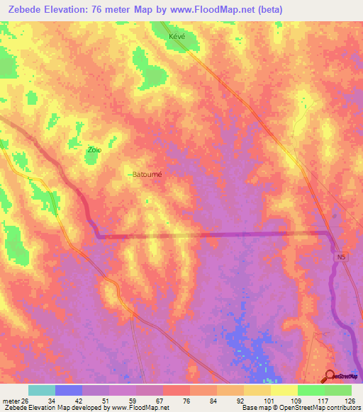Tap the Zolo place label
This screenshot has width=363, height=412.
(x=94, y=149)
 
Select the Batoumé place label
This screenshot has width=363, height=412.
(x=147, y=174)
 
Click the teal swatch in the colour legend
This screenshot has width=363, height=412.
(x=42, y=390)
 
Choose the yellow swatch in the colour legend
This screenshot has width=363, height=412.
(x=283, y=390)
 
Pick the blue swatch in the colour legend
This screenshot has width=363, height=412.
(x=69, y=390)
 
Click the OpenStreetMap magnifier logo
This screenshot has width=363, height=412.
(x=330, y=376)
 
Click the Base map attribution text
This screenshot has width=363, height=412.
(x=256, y=408)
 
